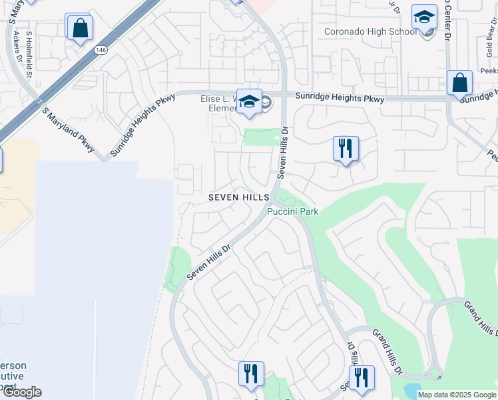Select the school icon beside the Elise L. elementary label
coord(250,102)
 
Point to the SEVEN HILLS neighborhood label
coord(238,197)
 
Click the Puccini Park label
coord(293,211)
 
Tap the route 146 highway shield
coord(101,50)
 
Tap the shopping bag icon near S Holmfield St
coord(79,29)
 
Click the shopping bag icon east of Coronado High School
coord(459,84)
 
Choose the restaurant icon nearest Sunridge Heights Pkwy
coord(346,149)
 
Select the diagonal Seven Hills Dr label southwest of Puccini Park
coord(208,261)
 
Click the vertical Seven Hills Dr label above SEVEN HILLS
coord(282,153)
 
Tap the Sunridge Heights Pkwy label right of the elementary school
coord(340,98)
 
